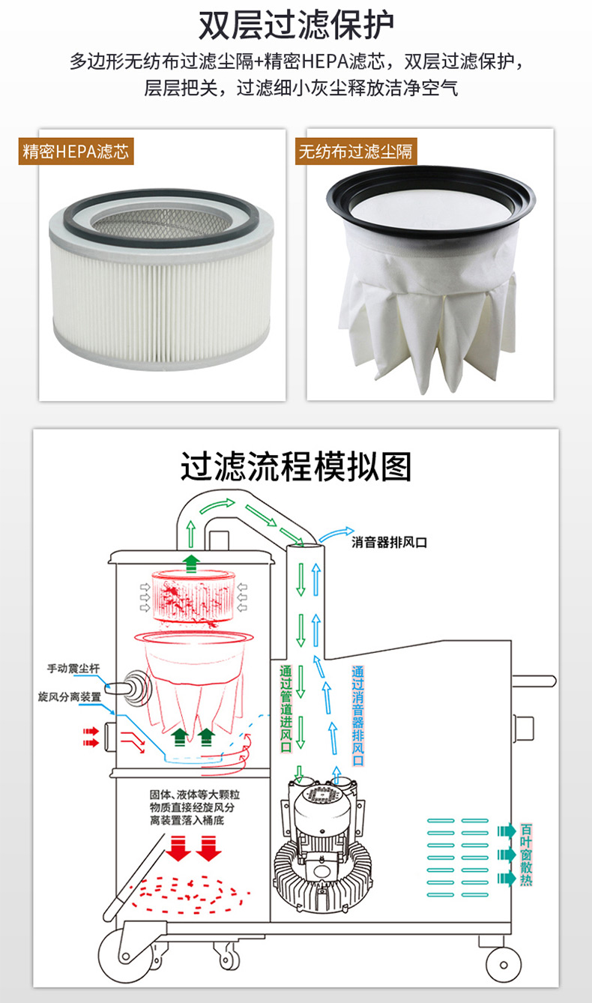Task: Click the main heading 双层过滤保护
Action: (x=296, y=25)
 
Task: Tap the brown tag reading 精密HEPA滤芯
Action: (x=76, y=151)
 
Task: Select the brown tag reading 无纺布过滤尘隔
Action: (x=356, y=151)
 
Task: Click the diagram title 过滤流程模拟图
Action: (x=296, y=467)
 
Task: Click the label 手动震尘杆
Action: (x=73, y=669)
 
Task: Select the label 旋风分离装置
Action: (x=70, y=696)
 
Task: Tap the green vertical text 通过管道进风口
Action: (x=286, y=708)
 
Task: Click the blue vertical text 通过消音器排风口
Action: (x=357, y=716)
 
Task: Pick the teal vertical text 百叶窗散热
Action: (x=526, y=855)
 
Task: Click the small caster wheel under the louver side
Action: (x=503, y=965)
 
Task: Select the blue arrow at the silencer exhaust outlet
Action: (x=336, y=534)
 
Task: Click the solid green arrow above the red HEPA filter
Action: (x=192, y=564)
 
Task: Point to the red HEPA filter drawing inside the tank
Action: (x=193, y=597)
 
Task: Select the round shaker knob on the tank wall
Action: (x=136, y=688)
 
